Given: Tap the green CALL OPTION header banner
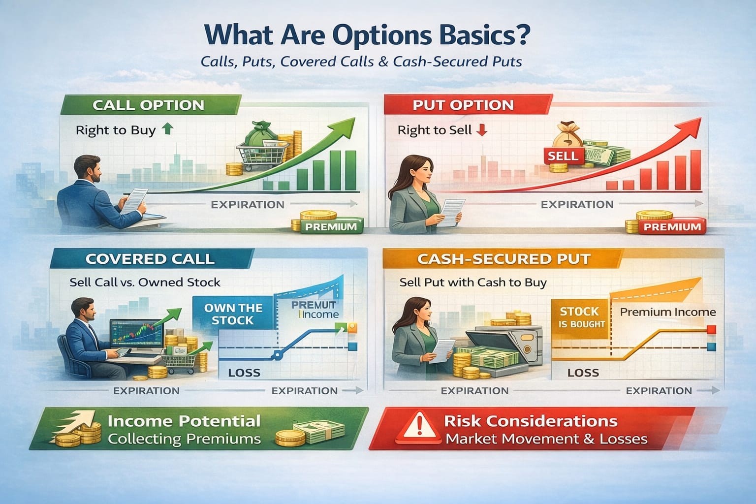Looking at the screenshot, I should coord(148,105).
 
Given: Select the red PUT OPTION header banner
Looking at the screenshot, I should coord(463,105).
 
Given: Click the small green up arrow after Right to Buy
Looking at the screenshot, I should coord(167,129).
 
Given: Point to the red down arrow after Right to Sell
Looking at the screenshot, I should coord(482,130).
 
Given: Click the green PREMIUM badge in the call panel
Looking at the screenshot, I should coord(331,226).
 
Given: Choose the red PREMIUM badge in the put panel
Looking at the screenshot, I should coord(672,226).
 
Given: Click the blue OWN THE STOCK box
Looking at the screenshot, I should coord(233,314).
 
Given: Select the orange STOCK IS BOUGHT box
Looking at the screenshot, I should coord(579,317).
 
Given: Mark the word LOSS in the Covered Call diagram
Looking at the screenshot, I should coord(244,373).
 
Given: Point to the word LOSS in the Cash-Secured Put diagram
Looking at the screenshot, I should coord(583,373).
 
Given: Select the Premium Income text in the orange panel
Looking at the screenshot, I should coord(667,312).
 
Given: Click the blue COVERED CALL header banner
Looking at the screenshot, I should coord(150,259).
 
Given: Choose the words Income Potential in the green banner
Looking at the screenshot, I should coord(184,421).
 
